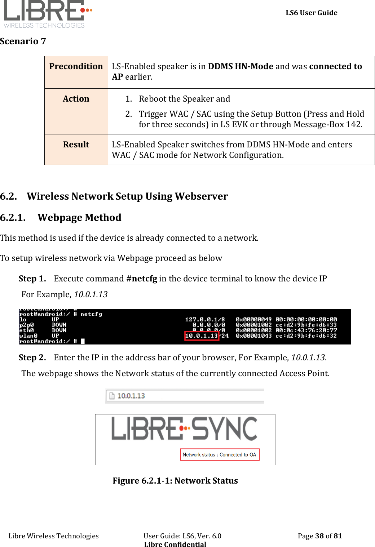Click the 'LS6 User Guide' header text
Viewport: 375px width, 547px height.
coord(311,13)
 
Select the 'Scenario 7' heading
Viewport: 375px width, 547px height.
coord(23,41)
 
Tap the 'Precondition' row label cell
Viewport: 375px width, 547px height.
coord(76,67)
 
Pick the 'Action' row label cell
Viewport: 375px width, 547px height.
coord(76,99)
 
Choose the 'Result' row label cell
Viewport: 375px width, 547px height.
coord(76,145)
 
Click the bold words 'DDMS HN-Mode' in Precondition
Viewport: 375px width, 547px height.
coord(241,67)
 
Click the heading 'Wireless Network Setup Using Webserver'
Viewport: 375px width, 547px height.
coord(127,196)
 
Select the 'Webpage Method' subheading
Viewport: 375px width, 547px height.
coord(79,218)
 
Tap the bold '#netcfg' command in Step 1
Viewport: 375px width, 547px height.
coord(142,279)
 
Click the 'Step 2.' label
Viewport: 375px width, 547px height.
coord(32,358)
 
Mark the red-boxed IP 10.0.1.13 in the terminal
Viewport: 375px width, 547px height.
coord(202,336)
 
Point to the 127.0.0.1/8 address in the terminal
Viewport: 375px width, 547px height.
coord(205,320)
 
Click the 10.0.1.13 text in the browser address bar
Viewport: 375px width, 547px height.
coord(131,396)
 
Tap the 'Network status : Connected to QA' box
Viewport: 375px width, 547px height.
coord(219,455)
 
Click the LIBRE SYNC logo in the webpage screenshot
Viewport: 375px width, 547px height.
coord(184,429)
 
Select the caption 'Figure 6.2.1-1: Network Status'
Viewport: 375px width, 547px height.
coord(175,481)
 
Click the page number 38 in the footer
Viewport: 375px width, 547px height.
coord(319,536)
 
